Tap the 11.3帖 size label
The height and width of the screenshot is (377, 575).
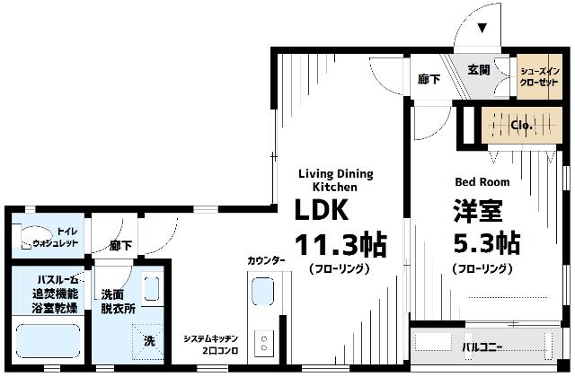pyautogui.click(x=341, y=244)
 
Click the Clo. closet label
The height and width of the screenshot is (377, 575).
pyautogui.click(x=521, y=126)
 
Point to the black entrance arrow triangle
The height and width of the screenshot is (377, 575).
pyautogui.click(x=481, y=28)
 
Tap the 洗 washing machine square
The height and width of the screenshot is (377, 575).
pyautogui.click(x=149, y=340)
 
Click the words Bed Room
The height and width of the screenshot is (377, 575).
pyautogui.click(x=482, y=181)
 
